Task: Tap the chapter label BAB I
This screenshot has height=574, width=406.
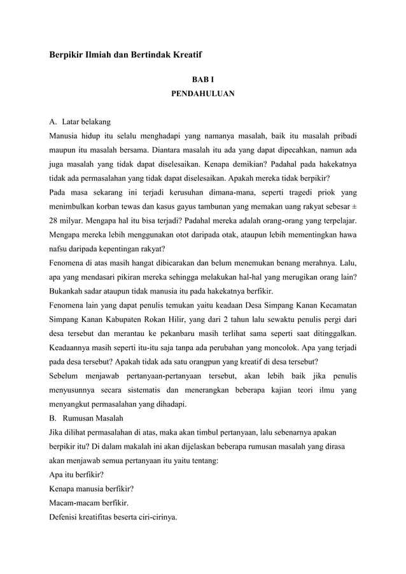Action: pos(203,81)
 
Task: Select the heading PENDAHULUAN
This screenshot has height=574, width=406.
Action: pos(203,94)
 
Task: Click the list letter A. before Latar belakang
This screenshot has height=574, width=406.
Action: pos(53,122)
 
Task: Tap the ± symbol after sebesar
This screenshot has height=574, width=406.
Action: pos(354,207)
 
